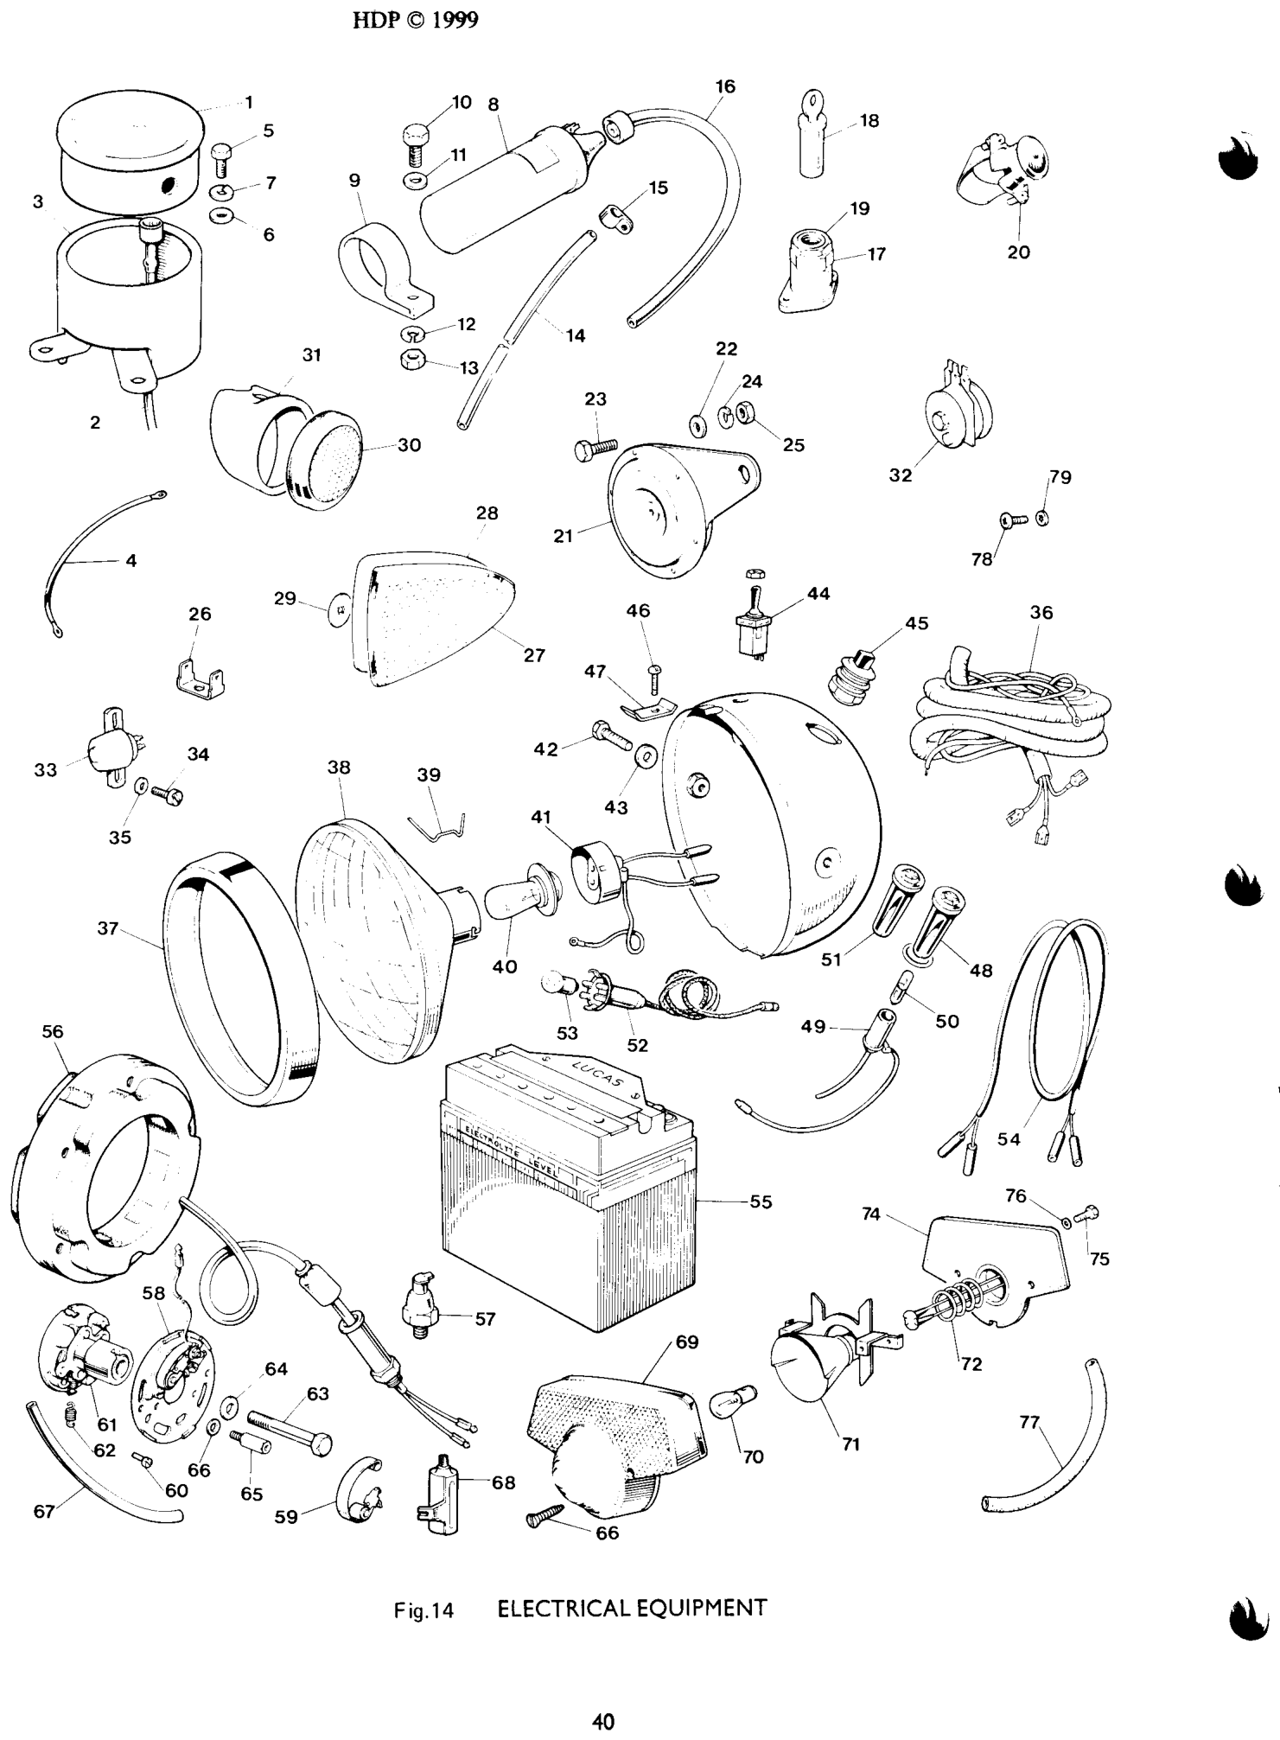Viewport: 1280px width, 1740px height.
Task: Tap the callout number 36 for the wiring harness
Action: [x=1041, y=613]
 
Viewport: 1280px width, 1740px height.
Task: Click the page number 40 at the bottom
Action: [x=602, y=1722]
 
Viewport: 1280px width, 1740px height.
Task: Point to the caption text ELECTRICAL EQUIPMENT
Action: [x=632, y=1609]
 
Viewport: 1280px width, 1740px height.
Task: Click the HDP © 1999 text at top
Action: [x=416, y=21]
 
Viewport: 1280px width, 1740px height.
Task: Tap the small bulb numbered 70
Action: [x=734, y=1400]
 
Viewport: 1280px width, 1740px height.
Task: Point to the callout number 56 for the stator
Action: [x=53, y=1031]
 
